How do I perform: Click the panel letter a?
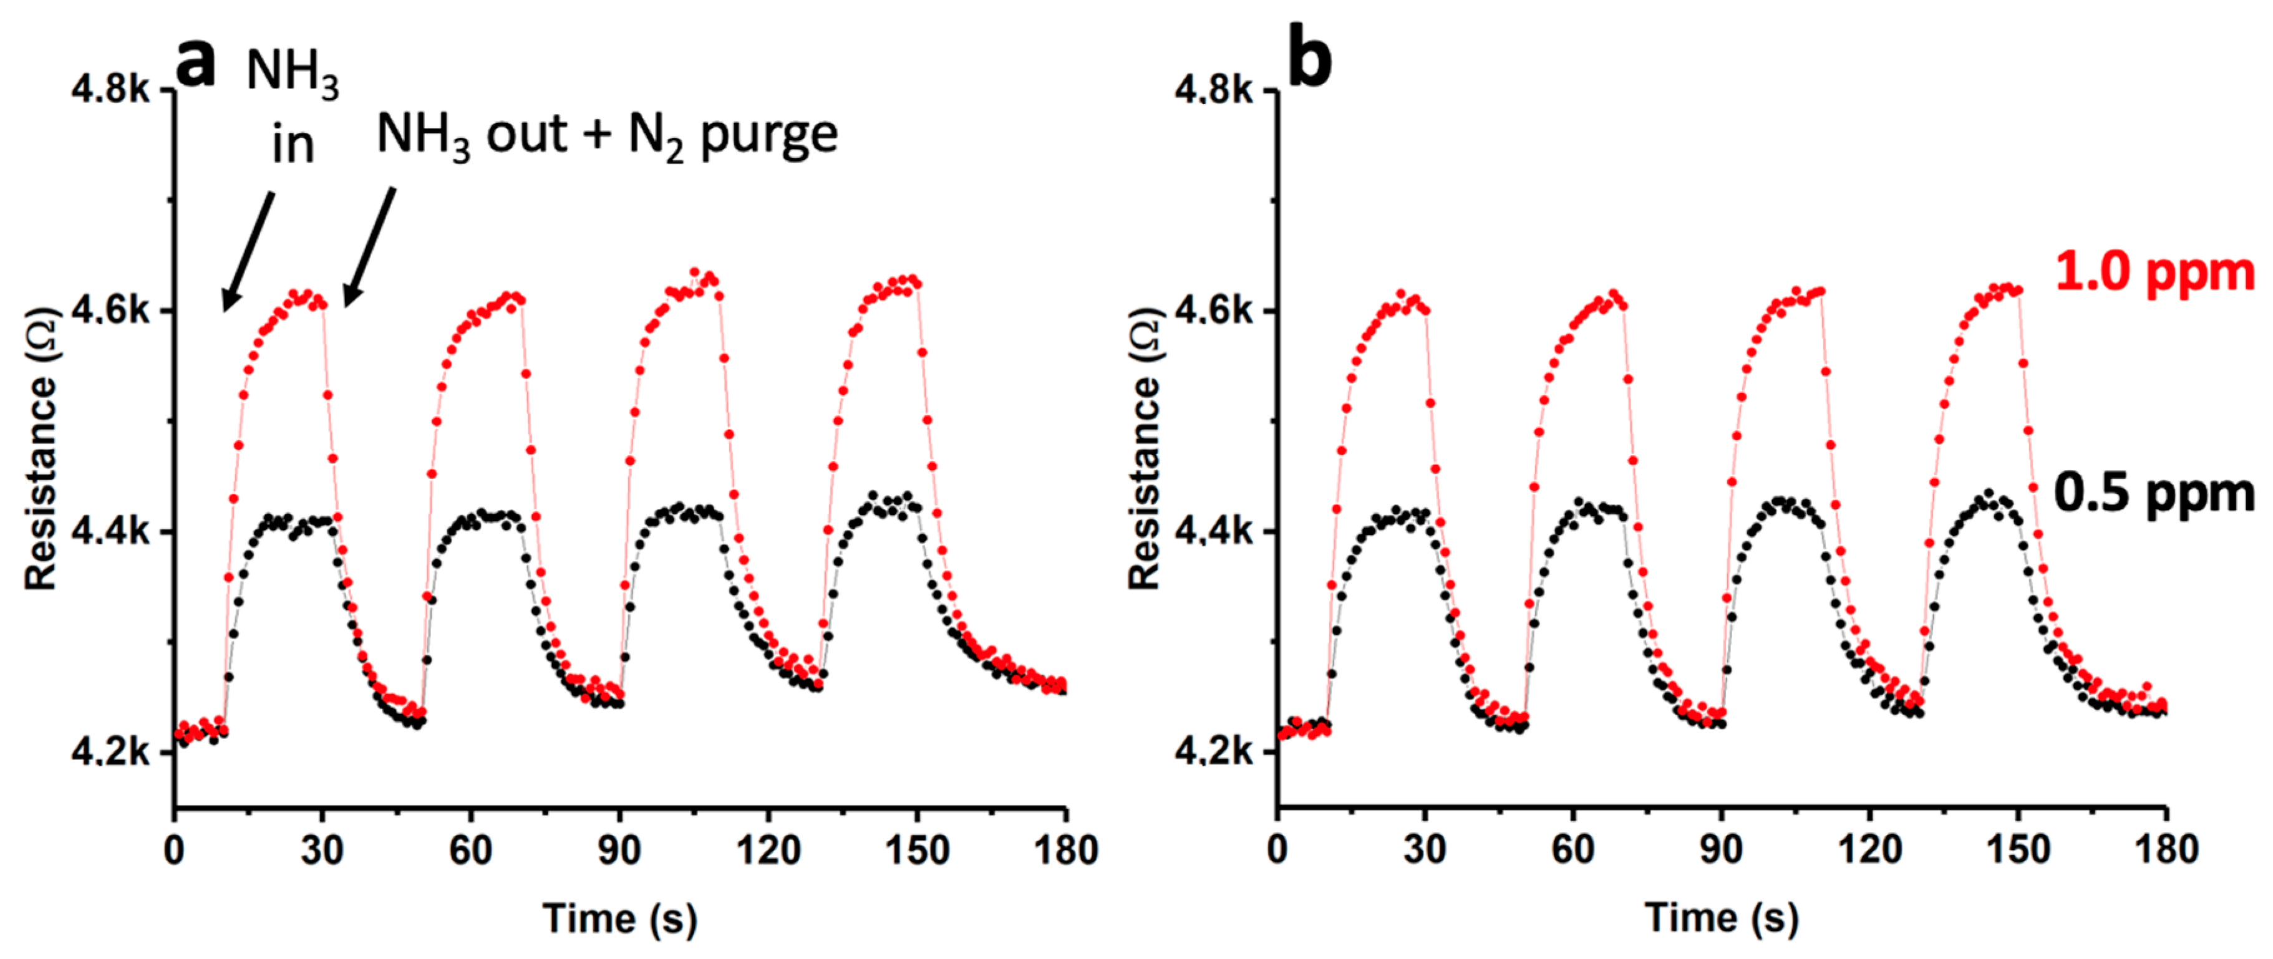point(195,64)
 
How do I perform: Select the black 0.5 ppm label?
point(2154,493)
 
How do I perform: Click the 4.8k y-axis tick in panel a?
point(110,89)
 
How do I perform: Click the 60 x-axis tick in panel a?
point(470,851)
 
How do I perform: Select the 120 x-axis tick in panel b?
point(1870,851)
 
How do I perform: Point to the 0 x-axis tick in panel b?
point(1277,851)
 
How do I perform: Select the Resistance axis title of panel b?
point(1145,448)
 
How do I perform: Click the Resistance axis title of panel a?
point(41,448)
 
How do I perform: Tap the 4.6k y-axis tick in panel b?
point(1213,310)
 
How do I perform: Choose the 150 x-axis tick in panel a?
point(918,851)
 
